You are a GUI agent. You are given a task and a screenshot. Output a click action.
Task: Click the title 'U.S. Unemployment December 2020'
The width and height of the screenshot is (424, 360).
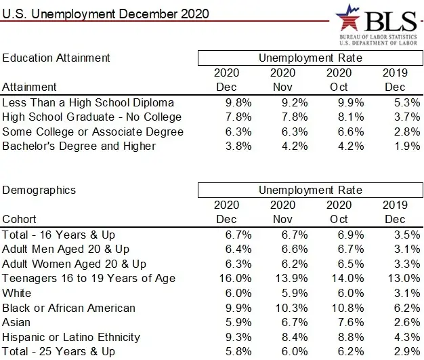[106, 14]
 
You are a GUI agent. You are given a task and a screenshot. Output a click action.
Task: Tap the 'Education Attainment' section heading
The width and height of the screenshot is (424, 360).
[56, 58]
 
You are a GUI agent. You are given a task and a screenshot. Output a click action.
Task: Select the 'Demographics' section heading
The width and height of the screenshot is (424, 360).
[39, 191]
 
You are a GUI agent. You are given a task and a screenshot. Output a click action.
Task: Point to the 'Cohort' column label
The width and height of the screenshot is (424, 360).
[19, 219]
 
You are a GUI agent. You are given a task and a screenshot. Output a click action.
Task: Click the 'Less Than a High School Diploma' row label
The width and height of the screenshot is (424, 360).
[88, 103]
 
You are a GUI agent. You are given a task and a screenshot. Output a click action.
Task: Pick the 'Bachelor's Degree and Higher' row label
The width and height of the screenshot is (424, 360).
[79, 146]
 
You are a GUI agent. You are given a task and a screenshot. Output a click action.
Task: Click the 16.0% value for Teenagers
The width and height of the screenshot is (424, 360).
[235, 278]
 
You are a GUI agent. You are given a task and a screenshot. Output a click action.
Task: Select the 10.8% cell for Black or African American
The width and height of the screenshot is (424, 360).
[347, 308]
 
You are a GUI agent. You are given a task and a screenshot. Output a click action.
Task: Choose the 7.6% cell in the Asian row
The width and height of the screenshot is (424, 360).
[351, 323]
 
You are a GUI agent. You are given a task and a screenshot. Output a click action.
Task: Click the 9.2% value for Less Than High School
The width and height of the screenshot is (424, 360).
[295, 103]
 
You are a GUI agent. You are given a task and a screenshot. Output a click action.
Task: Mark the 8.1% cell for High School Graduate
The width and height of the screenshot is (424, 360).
[351, 117]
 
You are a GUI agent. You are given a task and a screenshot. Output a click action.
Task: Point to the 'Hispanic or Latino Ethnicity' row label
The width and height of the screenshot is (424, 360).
[71, 337]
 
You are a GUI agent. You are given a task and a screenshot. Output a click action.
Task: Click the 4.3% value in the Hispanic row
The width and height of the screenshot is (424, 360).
[407, 337]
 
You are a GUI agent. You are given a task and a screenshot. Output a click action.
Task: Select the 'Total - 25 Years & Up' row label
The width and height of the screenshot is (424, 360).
[58, 352]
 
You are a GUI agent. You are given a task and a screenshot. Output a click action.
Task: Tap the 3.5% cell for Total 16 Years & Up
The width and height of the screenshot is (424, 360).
[407, 235]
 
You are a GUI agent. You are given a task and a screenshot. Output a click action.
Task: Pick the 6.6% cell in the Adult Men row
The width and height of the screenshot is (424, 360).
[295, 249]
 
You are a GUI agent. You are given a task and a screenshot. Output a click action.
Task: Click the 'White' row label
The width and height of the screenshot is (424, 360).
[16, 293]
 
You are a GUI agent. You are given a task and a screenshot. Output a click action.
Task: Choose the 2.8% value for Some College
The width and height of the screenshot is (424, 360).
[407, 132]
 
